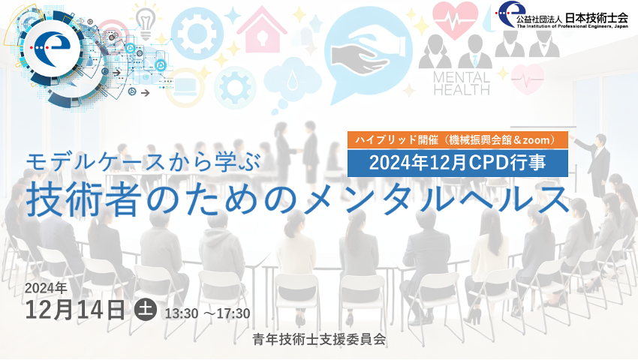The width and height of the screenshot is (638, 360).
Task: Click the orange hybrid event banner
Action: pos(458,140)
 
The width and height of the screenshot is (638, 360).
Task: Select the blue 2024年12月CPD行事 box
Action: pos(458,163)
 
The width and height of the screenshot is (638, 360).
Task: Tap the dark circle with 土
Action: pos(146,310)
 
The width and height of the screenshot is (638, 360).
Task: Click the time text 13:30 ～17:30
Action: pos(207,313)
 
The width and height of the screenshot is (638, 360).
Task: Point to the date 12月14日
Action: pos(75,310)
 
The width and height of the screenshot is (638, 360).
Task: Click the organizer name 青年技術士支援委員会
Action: pos(319,339)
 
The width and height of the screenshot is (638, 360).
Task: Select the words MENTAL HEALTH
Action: pos(462,83)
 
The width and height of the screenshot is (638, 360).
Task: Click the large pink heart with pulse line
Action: pos(455,19)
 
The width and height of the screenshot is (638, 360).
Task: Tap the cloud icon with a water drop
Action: pos(293,80)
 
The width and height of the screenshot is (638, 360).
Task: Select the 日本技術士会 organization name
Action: pos(597,18)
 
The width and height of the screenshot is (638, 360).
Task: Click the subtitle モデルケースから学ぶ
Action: pos(143,162)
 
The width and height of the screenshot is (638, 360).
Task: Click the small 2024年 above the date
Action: pos(46,288)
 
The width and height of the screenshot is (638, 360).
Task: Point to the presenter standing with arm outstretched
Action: pos(595,162)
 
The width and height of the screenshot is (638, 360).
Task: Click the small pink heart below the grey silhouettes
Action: pos(528,79)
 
